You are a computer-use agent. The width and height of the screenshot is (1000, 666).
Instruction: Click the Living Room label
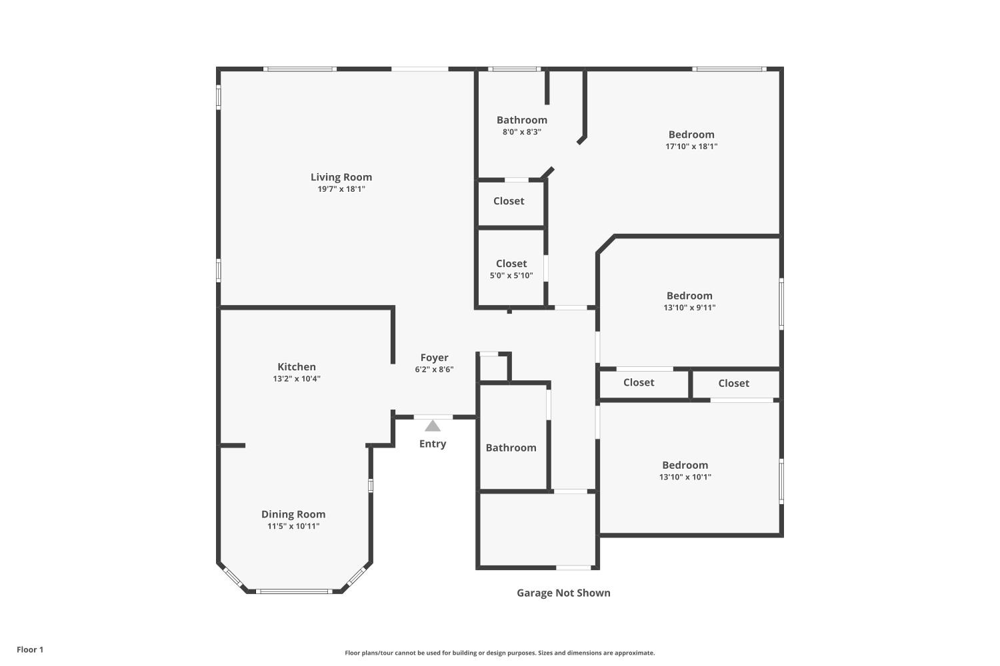pyautogui.click(x=341, y=177)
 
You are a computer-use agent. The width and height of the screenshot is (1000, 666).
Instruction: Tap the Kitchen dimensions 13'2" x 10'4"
pyautogui.click(x=297, y=379)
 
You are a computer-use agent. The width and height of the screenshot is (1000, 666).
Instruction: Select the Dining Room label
pyautogui.click(x=293, y=514)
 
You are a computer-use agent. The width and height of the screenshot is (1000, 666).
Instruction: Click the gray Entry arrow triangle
pyautogui.click(x=433, y=426)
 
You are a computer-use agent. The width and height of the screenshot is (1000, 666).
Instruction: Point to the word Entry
pyautogui.click(x=433, y=444)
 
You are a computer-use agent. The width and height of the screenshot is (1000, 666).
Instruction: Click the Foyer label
pyautogui.click(x=435, y=358)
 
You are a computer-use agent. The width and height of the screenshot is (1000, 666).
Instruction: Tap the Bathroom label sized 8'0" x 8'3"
pyautogui.click(x=522, y=120)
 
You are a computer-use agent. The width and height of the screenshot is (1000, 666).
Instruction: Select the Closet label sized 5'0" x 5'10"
pyautogui.click(x=511, y=264)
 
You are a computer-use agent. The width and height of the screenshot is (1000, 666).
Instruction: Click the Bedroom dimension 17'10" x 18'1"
pyautogui.click(x=691, y=147)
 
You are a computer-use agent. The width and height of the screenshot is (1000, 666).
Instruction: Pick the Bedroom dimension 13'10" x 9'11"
pyautogui.click(x=690, y=307)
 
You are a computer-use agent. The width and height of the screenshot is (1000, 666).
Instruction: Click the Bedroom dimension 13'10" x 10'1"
pyautogui.click(x=685, y=477)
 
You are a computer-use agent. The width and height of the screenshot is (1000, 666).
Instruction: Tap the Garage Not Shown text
pyautogui.click(x=563, y=593)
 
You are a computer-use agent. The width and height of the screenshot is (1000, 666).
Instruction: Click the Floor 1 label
pyautogui.click(x=30, y=649)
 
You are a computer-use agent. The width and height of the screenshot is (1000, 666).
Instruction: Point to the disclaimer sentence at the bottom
pyautogui.click(x=499, y=653)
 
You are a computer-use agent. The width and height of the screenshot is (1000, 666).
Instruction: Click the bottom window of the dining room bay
pyautogui.click(x=294, y=591)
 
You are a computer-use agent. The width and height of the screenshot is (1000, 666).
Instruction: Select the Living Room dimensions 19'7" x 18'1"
pyautogui.click(x=341, y=189)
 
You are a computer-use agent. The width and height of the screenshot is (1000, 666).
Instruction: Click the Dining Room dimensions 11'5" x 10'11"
pyautogui.click(x=293, y=526)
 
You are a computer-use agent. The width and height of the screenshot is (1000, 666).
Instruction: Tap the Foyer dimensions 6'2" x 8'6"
pyautogui.click(x=435, y=370)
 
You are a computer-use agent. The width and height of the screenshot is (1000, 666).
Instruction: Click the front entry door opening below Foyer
pyautogui.click(x=433, y=417)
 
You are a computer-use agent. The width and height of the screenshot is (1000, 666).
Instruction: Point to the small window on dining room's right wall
pyautogui.click(x=371, y=486)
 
